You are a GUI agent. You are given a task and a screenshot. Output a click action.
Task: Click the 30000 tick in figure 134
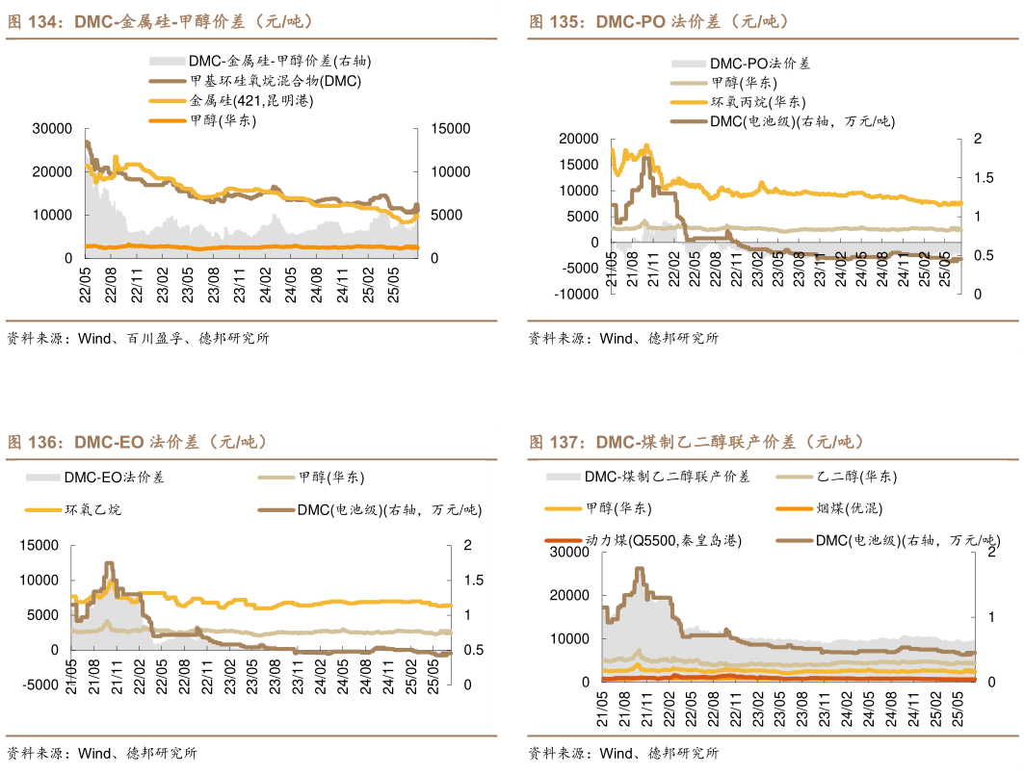(x=52, y=128)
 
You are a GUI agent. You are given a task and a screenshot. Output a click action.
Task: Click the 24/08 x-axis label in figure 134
(x=317, y=285)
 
